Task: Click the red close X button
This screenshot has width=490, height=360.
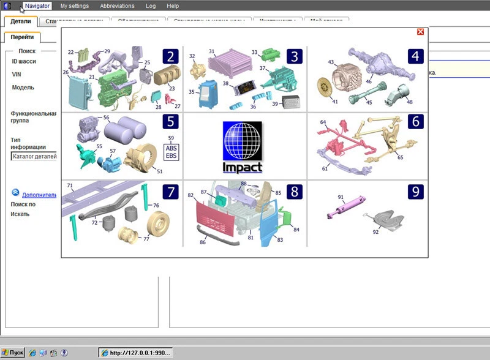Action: click(x=420, y=32)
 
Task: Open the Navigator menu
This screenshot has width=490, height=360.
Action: click(x=37, y=6)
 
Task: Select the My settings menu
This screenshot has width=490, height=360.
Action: click(x=74, y=6)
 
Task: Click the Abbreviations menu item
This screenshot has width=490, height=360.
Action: click(x=117, y=6)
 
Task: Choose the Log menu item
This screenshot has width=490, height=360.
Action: click(x=151, y=6)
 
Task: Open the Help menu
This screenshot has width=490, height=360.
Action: click(x=173, y=6)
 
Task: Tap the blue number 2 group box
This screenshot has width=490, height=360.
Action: click(x=171, y=57)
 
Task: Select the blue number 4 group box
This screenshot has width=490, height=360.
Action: click(x=416, y=57)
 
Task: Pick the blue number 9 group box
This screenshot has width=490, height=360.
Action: click(x=416, y=192)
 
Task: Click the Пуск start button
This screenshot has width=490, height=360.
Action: click(x=12, y=353)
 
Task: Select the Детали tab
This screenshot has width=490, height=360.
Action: click(x=21, y=21)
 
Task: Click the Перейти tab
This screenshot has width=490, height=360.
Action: click(x=21, y=38)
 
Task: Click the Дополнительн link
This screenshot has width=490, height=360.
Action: click(x=39, y=195)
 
